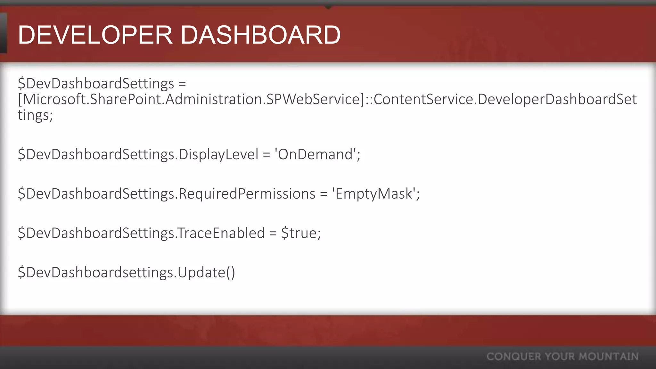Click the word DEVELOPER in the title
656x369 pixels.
tap(95, 35)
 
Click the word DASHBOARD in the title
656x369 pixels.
tap(260, 35)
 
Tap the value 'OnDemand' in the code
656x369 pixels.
tap(315, 154)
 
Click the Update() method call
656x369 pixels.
tap(206, 273)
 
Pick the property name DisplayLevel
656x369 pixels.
tap(218, 154)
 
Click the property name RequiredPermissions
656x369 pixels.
tap(247, 194)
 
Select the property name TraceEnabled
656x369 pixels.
tap(221, 233)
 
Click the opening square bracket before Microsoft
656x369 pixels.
tap(20, 100)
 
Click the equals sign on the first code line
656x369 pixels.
tap(182, 84)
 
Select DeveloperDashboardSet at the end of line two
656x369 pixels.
tap(557, 100)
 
